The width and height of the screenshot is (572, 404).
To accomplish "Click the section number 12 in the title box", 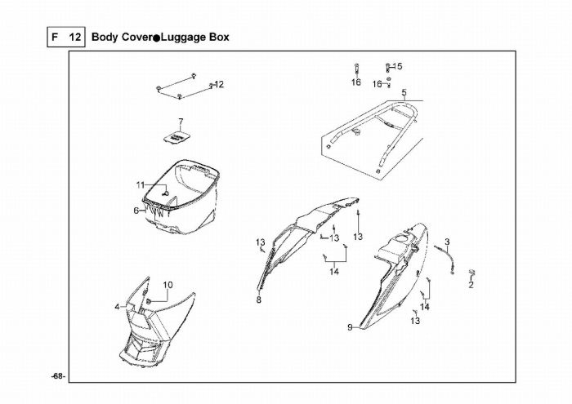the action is pos(75,38).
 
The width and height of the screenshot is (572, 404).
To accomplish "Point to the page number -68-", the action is pos(58,377).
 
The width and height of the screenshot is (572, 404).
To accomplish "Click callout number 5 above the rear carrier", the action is pos(404,92).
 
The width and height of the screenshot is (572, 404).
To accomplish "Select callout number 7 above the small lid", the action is pos(181,122).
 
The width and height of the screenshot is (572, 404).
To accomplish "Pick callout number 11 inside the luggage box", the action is pos(141,185).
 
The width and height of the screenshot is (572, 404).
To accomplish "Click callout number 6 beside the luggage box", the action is pos(136,211).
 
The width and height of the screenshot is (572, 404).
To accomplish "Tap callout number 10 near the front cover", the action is pos(168,285).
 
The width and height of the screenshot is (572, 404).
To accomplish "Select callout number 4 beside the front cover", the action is pos(117,307).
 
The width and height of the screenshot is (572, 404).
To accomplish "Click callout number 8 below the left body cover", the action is pos(259,300).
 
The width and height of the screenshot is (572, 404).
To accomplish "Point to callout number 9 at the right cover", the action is pos(350,327).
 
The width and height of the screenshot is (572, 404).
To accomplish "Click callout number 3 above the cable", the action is pos(447,242).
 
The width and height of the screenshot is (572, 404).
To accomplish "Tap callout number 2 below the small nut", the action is pos(471,285).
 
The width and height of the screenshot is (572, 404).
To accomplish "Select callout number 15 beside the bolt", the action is pos(398,66).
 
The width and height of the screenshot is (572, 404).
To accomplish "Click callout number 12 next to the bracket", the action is pos(219,85).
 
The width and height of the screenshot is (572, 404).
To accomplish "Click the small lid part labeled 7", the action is pos(177,138).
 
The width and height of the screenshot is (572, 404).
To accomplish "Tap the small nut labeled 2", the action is pos(471,273).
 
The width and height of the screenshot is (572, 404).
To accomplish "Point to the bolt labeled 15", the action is pos(388,68).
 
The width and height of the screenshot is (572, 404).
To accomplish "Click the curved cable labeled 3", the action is pos(446,257).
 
